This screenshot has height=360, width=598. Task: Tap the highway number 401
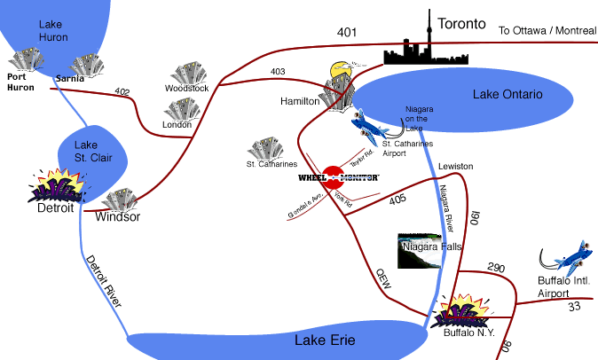[347, 33]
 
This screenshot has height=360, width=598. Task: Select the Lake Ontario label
[507, 95]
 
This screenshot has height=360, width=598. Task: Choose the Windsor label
[117, 216]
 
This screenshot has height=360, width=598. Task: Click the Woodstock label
[187, 89]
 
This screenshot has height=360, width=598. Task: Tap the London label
[177, 125]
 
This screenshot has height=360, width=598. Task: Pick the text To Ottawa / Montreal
[547, 30]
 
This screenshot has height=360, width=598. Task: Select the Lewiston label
[455, 167]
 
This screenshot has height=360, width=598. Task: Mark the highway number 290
[495, 266]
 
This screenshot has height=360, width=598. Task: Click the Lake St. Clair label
[85, 152]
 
